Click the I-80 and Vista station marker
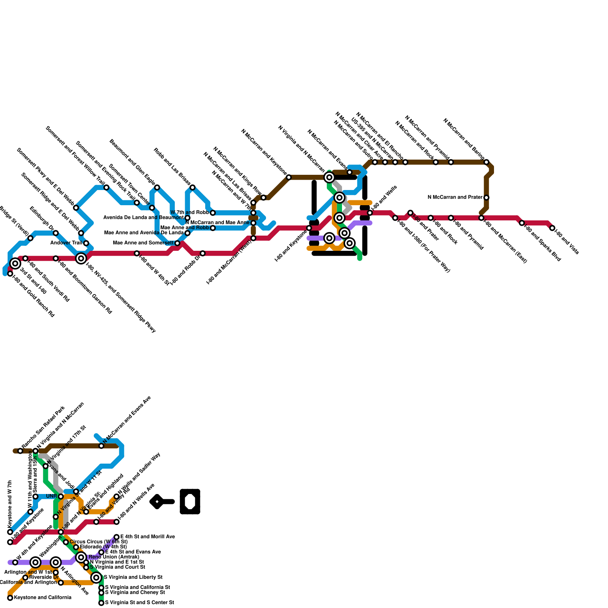552,228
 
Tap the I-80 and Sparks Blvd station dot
522,223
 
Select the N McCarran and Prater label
455,197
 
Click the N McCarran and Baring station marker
486,162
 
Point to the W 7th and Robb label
189,212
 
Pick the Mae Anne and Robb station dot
213,228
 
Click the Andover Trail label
66,243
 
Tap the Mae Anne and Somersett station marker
177,243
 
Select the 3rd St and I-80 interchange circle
15,263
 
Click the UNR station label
51,496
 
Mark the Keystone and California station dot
10,598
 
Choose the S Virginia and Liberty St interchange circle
97,578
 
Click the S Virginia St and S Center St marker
101,603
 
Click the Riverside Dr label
44,577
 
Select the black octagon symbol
190,502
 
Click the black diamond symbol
157,502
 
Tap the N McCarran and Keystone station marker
289,177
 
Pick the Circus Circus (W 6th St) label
98,541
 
